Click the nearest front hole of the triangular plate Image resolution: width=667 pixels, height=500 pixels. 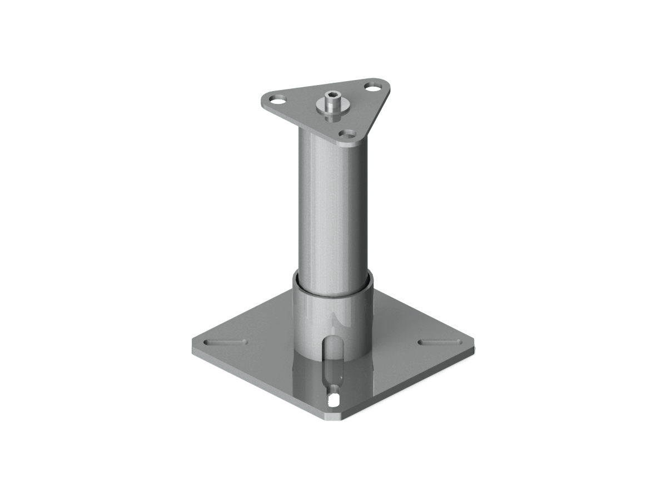349,134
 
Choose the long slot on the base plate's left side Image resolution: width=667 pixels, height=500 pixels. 226,341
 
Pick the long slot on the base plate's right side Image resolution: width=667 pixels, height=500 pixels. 439,341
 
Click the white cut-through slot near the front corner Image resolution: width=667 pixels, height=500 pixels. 335,399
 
